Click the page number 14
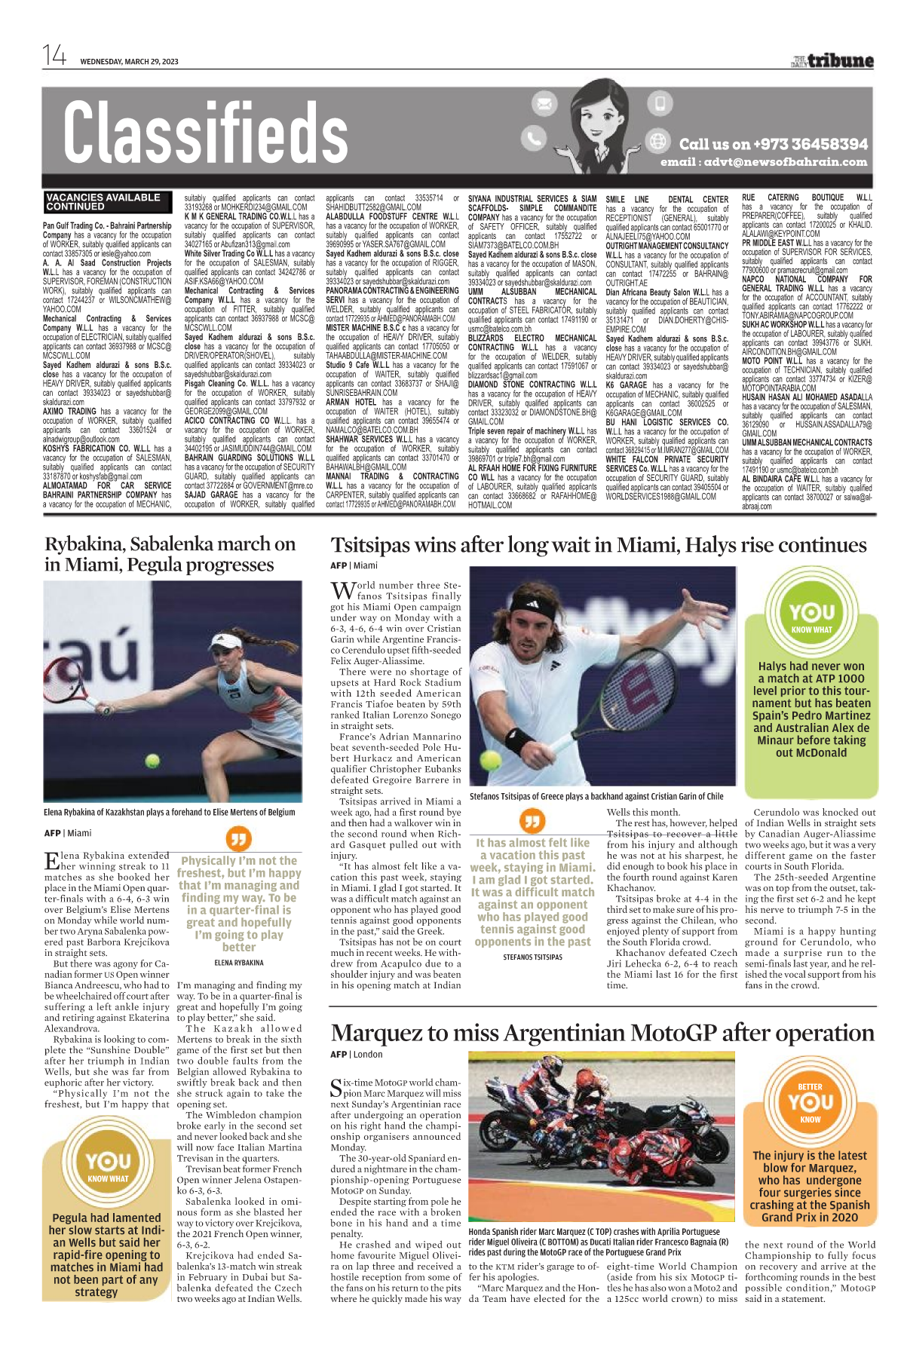[54, 56]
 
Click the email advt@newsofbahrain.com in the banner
[764, 162]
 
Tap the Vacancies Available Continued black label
[103, 201]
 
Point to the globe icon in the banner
[658, 141]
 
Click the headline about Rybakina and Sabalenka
[170, 554]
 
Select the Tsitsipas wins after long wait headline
[599, 545]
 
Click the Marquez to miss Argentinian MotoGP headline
[602, 1033]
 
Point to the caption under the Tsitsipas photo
[596, 796]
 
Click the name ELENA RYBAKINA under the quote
[239, 963]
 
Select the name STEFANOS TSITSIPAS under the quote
[532, 957]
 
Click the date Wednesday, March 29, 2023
[129, 62]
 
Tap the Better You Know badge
[811, 1101]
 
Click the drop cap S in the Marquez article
[336, 1088]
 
